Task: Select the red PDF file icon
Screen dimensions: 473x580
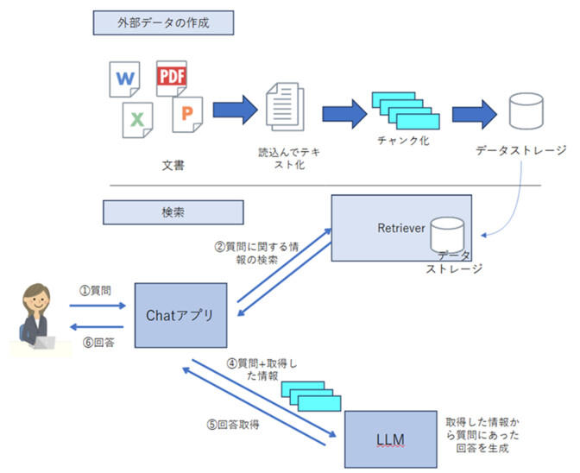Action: point(171,78)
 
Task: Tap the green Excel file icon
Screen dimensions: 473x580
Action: point(136,119)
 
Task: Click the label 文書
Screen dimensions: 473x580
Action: point(173,163)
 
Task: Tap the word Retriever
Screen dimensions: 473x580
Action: point(400,228)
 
